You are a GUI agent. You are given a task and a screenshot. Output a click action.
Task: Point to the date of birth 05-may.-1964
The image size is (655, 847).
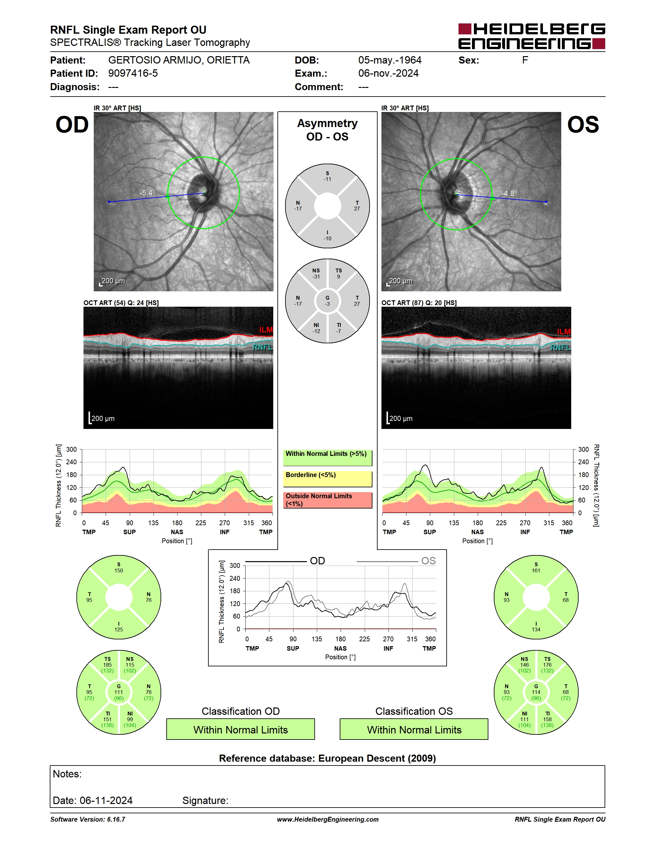pyautogui.click(x=389, y=60)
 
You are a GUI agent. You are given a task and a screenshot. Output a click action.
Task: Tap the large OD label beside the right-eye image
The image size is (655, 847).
pyautogui.click(x=72, y=125)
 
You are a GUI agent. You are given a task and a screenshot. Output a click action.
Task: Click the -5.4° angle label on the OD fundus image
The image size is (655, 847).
pyautogui.click(x=147, y=193)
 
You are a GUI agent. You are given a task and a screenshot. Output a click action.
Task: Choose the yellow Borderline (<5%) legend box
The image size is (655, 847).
pyautogui.click(x=327, y=479)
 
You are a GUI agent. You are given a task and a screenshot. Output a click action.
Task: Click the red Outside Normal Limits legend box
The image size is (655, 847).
pyautogui.click(x=327, y=500)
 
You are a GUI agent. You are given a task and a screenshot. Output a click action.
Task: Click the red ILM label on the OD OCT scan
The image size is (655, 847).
pyautogui.click(x=266, y=329)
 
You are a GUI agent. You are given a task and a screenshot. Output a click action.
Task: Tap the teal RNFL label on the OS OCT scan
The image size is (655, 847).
pyautogui.click(x=561, y=347)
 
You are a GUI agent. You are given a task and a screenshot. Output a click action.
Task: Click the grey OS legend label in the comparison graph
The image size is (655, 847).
pyautogui.click(x=428, y=561)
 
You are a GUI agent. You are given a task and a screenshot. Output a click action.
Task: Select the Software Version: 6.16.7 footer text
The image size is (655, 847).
pyautogui.click(x=88, y=819)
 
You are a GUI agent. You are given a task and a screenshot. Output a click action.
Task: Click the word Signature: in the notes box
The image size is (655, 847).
pyautogui.click(x=205, y=800)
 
